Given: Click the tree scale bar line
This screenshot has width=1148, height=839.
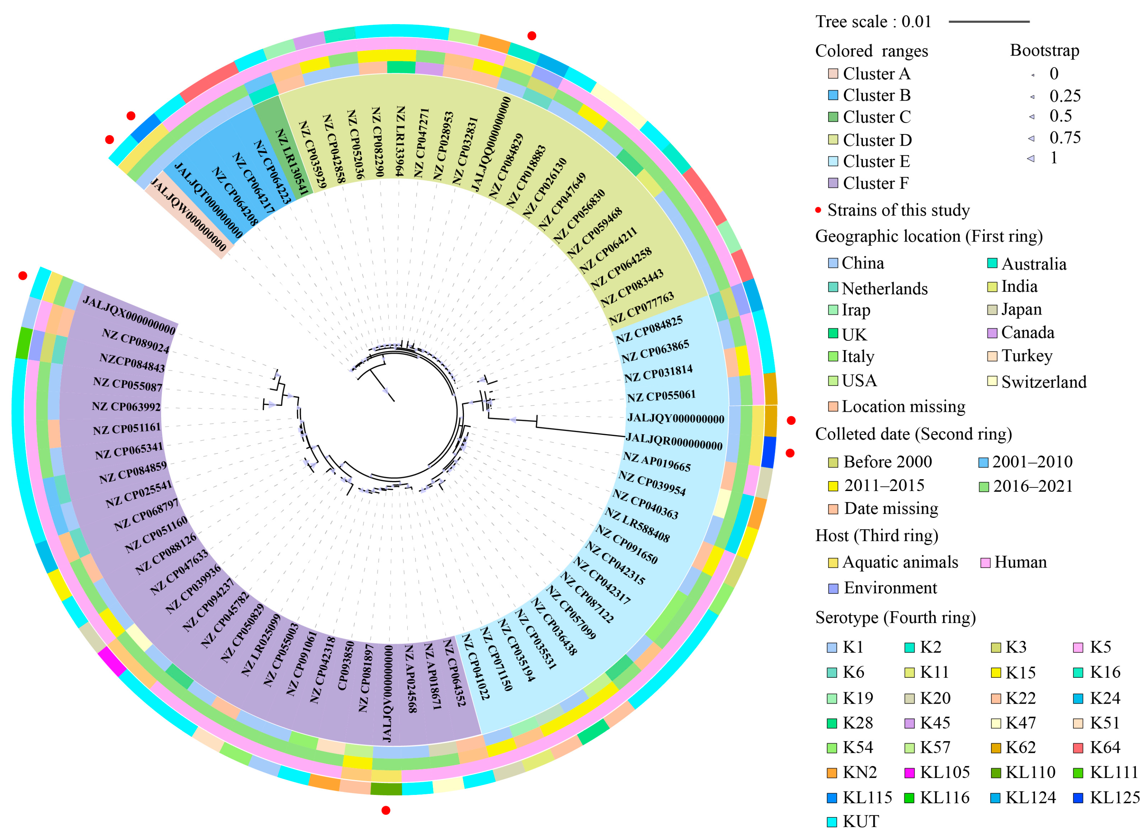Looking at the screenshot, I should click(988, 22).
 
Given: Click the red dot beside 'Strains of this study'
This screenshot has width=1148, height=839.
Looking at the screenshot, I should click(818, 210).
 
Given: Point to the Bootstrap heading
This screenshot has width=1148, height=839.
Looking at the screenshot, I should click(1044, 50).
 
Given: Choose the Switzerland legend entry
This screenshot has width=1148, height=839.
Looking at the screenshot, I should click(1043, 381).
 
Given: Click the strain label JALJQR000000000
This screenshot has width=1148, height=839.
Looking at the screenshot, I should click(674, 441).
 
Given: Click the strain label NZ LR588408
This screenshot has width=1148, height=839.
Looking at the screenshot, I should click(637, 525).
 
